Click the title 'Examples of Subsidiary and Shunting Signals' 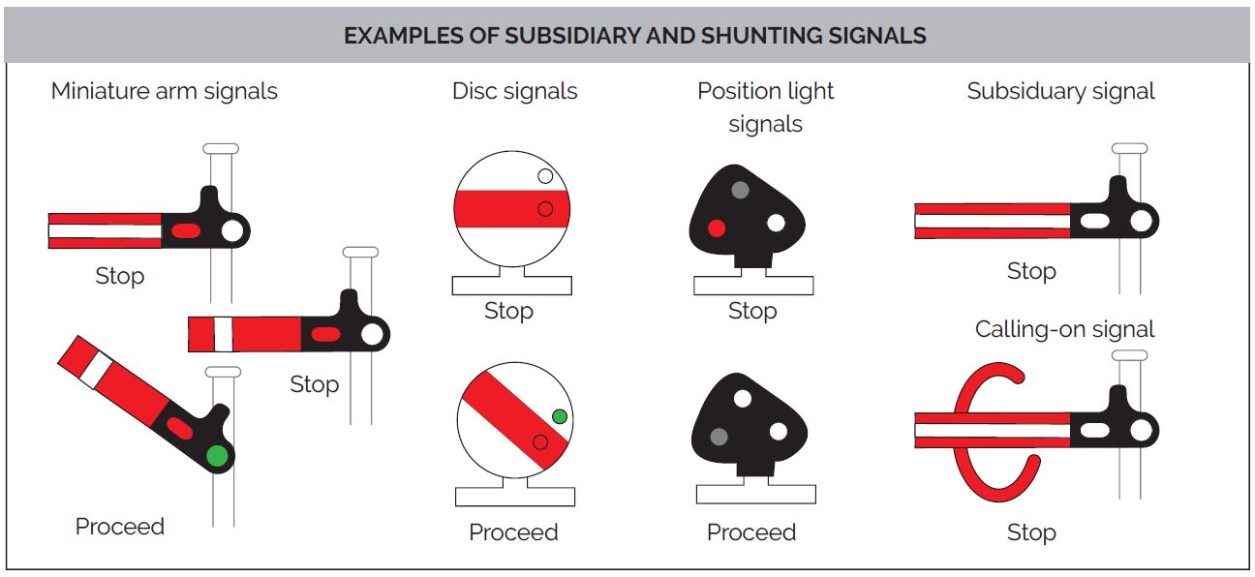(634, 36)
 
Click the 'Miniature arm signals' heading (164, 92)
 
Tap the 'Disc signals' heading (514, 92)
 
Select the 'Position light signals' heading (765, 106)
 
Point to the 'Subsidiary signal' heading (1060, 92)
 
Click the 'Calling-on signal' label (1064, 329)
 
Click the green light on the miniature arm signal (217, 455)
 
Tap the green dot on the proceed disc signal (559, 416)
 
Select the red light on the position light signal (716, 228)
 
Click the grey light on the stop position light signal (740, 190)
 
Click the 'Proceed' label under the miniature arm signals (120, 527)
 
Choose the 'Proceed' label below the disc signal (513, 532)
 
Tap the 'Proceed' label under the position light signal (751, 532)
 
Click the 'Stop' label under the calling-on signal (1030, 532)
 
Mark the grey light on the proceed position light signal (718, 437)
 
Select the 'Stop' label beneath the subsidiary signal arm (1030, 271)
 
